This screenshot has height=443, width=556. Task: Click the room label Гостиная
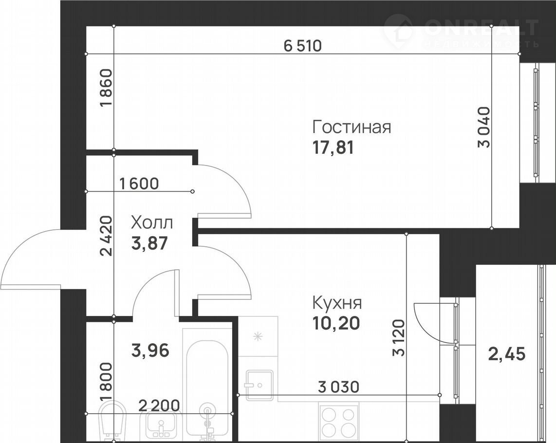[x=352, y=127]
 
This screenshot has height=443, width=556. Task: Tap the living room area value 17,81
[x=333, y=148]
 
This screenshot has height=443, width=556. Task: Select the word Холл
[x=152, y=223]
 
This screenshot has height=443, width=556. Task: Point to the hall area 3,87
[x=149, y=243]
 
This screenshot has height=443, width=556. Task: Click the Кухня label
[x=337, y=303]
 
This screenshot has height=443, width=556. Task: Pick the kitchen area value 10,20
[x=336, y=323]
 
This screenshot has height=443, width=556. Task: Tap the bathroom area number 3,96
[x=150, y=351]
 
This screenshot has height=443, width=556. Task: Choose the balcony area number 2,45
[x=507, y=353]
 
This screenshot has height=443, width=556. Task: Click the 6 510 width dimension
[x=303, y=46]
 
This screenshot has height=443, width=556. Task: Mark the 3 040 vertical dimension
[x=484, y=127]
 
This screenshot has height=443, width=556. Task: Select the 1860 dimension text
[x=106, y=88]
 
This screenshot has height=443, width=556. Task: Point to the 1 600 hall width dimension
[x=139, y=184]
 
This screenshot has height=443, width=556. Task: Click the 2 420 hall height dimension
[x=106, y=236]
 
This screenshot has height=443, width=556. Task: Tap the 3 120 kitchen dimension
[x=399, y=337]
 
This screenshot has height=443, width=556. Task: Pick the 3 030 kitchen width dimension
[x=339, y=387]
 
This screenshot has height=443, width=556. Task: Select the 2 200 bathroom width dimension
[x=159, y=406]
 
